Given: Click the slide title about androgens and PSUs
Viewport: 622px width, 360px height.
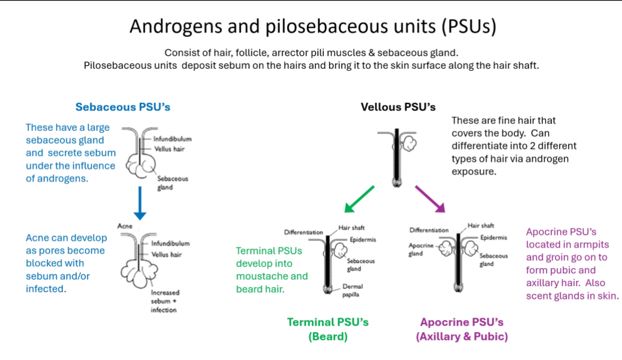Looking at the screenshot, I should [313, 27].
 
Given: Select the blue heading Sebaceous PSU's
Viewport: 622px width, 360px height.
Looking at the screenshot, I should [123, 107].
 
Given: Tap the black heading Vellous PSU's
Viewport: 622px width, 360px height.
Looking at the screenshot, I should [398, 107].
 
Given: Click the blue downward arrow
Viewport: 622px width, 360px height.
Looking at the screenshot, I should [139, 203].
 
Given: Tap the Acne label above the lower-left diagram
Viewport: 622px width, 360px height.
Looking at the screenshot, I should [125, 226].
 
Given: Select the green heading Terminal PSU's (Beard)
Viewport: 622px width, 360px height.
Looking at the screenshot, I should [327, 329].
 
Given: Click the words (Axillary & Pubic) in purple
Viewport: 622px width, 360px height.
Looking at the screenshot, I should [462, 336].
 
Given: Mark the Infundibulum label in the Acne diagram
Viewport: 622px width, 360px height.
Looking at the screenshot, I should [170, 244].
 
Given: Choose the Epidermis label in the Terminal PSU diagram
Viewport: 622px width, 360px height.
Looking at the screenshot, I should [363, 240].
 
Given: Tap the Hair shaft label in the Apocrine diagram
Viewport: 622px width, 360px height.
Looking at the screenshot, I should [481, 225].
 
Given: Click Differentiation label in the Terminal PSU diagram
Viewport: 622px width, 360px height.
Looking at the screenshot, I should [303, 232].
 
